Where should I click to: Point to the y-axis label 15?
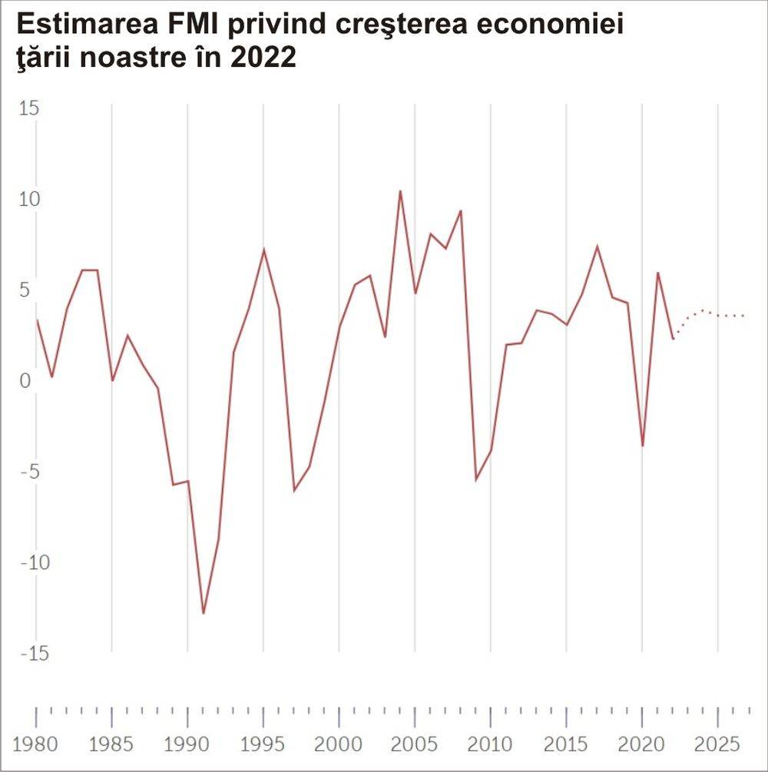click(28, 108)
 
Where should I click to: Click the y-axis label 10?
click(28, 200)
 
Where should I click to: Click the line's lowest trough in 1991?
click(204, 613)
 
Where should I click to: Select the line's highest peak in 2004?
click(400, 191)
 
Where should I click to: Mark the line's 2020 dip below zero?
click(643, 446)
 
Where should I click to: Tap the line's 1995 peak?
click(263, 250)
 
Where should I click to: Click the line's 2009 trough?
click(476, 479)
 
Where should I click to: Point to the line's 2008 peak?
click(461, 210)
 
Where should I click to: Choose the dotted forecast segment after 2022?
click(710, 313)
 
